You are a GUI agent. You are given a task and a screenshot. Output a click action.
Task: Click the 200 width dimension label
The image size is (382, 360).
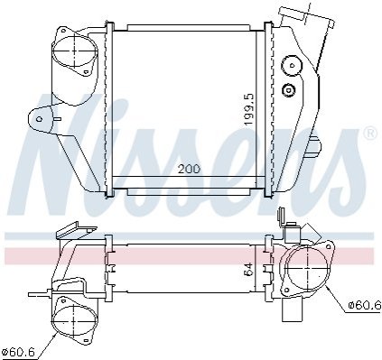click(189, 169)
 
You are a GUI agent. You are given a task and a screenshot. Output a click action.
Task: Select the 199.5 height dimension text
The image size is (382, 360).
click(249, 110)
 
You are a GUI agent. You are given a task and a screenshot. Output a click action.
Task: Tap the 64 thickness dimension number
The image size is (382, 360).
click(249, 269)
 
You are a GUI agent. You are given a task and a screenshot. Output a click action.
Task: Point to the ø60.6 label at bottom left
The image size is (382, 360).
click(18, 352)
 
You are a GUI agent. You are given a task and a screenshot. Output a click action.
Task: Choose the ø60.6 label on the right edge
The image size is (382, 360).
click(365, 305)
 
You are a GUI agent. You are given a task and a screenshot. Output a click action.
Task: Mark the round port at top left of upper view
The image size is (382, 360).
click(75, 51)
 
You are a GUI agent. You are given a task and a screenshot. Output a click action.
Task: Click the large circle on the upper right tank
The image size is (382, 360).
click(292, 65)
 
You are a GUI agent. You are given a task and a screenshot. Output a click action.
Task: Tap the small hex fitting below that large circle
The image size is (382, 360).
click(288, 90)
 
